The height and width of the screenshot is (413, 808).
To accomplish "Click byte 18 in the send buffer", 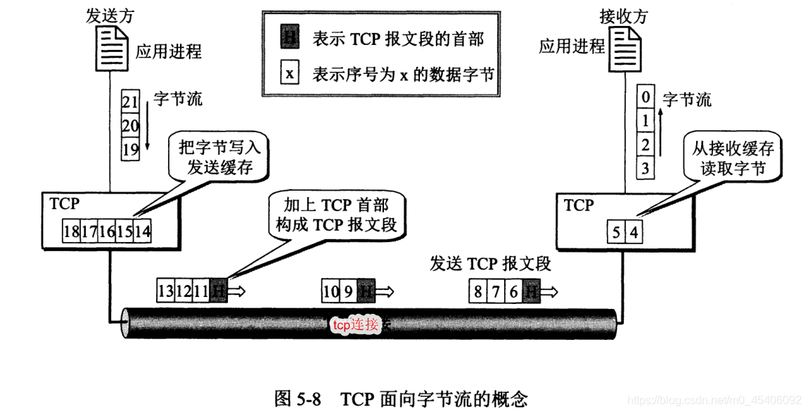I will pos(71,231).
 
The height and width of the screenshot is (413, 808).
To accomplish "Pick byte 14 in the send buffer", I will pos(142,231).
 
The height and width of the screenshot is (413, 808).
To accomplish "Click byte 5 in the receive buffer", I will pos(615,231).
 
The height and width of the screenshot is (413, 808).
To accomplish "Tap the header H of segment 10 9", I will pos(366,291).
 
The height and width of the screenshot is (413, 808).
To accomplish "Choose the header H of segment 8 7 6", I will pos(532,291).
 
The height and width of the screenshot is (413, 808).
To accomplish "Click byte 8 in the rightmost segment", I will pos(478,291).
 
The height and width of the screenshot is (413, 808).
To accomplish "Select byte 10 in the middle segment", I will pos(331,291).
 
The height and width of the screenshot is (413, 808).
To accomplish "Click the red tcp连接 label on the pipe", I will pos(356,324).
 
